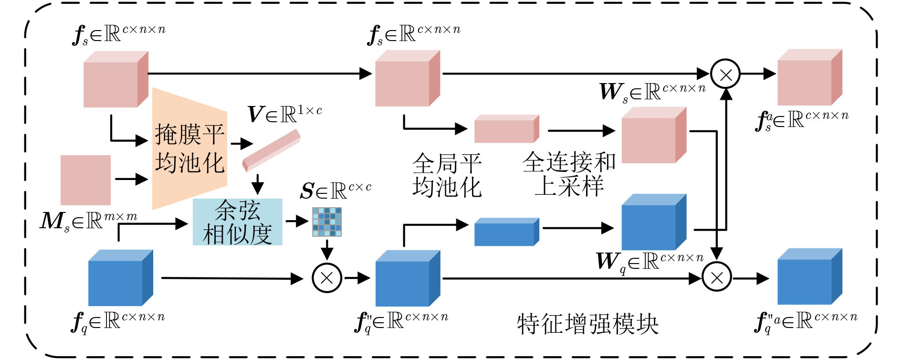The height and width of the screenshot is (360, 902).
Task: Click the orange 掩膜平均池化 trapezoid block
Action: [189, 148]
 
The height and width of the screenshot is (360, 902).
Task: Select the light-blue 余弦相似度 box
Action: [237, 222]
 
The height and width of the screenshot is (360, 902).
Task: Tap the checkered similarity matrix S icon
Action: [327, 222]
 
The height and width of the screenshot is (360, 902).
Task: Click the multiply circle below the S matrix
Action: [327, 278]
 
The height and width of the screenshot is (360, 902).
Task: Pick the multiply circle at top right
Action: [725, 74]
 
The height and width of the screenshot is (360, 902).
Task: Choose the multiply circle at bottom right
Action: [717, 278]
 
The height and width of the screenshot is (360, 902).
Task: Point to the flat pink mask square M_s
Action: [86, 180]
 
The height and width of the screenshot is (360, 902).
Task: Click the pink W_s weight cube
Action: [653, 136]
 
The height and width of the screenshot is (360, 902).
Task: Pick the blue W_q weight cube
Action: [653, 222]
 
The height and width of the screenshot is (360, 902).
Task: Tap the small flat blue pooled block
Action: [506, 233]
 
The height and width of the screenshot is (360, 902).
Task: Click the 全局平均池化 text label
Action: [447, 175]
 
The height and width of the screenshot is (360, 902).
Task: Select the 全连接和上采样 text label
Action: [569, 174]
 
